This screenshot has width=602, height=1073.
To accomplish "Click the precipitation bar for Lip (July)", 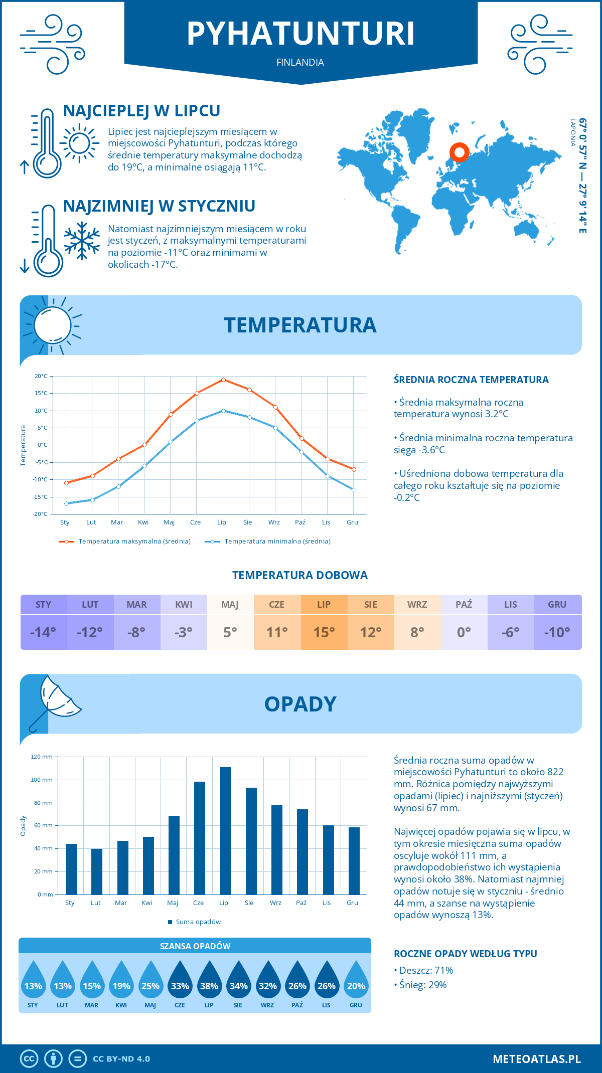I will coord(226,831).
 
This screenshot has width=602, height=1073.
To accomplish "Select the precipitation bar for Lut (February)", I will coord(97,871).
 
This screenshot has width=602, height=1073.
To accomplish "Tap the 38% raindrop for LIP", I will coord(209,982).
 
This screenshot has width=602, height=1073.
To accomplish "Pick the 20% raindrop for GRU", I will coord(356,982).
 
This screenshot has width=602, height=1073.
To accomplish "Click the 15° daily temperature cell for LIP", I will coord(324,632).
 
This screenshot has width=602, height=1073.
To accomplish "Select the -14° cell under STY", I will coord(44,632).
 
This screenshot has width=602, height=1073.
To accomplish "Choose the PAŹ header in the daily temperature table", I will coord(464,604).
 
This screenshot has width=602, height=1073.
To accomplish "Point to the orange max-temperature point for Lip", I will coord(223,380).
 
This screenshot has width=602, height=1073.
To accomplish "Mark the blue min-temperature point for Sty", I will coord(66,503).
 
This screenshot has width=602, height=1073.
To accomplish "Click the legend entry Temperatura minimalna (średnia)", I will coord(277,542).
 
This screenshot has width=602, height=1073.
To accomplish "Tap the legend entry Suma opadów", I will coord(198,922).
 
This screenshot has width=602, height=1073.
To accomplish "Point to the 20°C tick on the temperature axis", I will coord(41,376).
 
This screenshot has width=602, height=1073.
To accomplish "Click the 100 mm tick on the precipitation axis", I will coord(42,780).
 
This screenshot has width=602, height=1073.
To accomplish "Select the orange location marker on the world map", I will coord(459,152).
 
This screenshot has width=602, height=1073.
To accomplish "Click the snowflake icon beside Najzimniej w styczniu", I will coord(82,241).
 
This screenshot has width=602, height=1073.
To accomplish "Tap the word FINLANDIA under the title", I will coord(300,63).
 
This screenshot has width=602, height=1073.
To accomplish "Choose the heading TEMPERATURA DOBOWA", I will coord(300,575).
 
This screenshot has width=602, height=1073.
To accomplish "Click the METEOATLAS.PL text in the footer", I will coord(537,1059).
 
